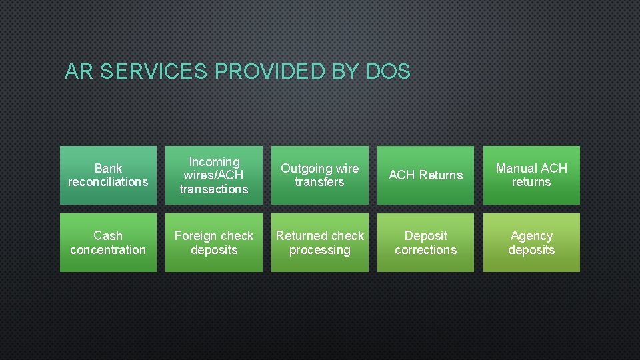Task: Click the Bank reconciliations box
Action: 108,175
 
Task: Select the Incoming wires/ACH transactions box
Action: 213,175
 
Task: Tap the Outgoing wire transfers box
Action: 319,175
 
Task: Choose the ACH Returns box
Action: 425,175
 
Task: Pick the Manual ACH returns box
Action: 531,175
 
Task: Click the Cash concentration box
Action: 108,243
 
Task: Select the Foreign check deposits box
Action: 213,243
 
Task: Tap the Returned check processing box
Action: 319,243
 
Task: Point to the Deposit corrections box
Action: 425,243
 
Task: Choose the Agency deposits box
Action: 531,243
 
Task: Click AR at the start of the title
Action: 79,71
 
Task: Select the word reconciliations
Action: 108,182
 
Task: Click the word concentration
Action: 108,250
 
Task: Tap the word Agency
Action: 531,235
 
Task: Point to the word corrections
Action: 425,250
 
